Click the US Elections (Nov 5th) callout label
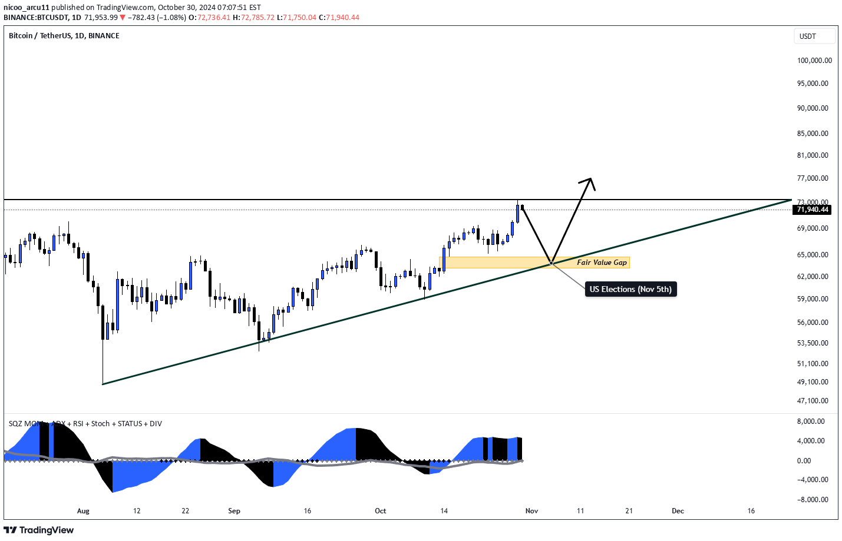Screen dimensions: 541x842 click(x=630, y=289)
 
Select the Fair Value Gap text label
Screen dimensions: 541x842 click(x=602, y=263)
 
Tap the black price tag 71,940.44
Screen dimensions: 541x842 click(x=813, y=210)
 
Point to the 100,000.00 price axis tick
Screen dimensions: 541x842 click(x=814, y=61)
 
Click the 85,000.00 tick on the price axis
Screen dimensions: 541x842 click(x=813, y=134)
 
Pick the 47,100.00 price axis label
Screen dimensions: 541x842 click(x=813, y=401)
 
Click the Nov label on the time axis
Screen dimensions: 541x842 click(x=531, y=511)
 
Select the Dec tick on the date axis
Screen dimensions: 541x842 click(x=678, y=511)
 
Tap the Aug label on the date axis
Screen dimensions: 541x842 click(x=83, y=511)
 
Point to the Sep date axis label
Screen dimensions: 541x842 click(x=234, y=511)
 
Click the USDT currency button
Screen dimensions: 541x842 click(x=814, y=36)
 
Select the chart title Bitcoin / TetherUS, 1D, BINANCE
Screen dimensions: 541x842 click(x=64, y=36)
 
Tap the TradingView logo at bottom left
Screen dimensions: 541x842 click(x=39, y=530)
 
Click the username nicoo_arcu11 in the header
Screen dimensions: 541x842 click(x=27, y=8)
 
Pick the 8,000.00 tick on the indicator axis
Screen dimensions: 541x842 click(x=810, y=421)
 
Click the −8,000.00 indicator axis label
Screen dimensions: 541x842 click(x=812, y=500)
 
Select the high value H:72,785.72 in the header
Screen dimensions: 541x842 click(x=253, y=18)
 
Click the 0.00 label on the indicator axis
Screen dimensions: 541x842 click(x=804, y=461)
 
